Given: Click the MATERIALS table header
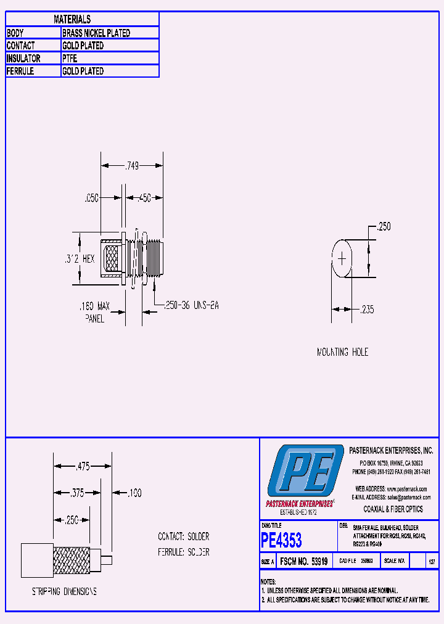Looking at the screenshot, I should (72, 20).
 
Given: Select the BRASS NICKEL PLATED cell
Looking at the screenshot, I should (96, 33).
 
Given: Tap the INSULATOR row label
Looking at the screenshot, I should (23, 59).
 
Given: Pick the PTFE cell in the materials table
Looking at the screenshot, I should (70, 59).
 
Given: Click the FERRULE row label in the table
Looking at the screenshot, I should (20, 72).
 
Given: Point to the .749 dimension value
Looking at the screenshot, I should (132, 165).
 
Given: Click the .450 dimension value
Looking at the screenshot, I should (144, 198).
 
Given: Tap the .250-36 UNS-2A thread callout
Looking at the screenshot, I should (191, 305).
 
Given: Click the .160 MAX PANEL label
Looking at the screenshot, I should (94, 312).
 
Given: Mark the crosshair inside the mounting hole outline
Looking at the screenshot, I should (342, 259).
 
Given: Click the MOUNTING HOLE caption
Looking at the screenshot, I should (342, 352).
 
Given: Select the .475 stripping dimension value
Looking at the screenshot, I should (82, 467).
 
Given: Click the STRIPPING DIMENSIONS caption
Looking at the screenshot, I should (64, 591).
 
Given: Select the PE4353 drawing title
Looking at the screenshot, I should (282, 541).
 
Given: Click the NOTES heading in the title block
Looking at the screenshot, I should (268, 581).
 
